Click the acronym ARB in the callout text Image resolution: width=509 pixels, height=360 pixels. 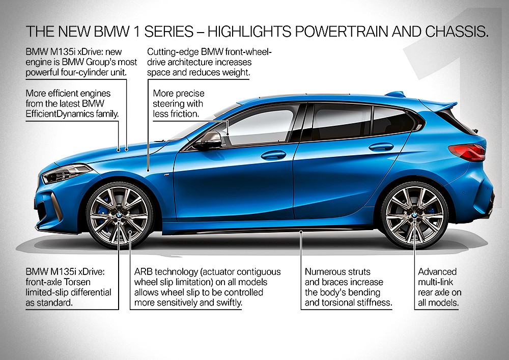144,272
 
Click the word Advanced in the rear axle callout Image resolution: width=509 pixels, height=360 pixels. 437,272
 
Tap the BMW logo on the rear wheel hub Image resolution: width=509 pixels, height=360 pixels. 414,216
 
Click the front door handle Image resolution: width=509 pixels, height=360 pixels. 273,155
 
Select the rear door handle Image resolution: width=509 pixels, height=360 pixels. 381,147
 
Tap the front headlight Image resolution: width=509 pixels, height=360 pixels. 65,174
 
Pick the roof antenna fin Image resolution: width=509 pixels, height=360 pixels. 394,94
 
